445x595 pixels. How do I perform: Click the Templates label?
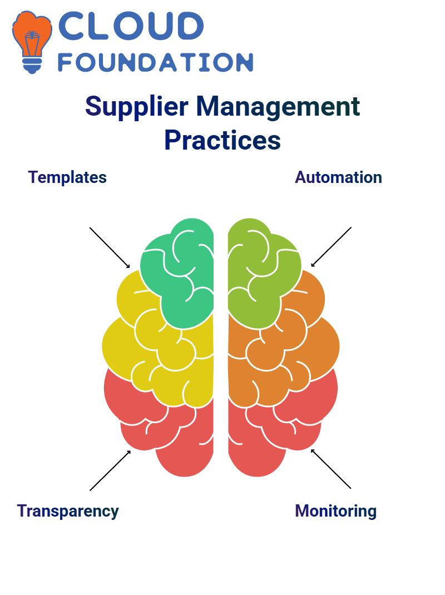tap(67, 177)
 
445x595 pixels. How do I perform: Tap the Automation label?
tap(338, 177)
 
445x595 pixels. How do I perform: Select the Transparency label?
tap(68, 512)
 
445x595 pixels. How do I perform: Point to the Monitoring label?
tap(335, 511)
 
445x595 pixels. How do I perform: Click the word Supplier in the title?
tap(136, 107)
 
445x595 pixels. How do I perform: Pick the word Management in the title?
tap(278, 107)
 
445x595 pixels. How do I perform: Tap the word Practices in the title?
tap(222, 140)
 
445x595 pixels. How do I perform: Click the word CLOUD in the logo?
tap(131, 26)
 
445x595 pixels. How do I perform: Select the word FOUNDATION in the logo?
tap(155, 62)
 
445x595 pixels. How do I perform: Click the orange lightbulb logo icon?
tap(32, 42)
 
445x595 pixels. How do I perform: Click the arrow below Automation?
tap(331, 247)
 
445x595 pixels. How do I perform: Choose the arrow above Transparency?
tap(110, 470)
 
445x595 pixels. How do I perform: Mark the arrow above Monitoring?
tap(331, 469)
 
